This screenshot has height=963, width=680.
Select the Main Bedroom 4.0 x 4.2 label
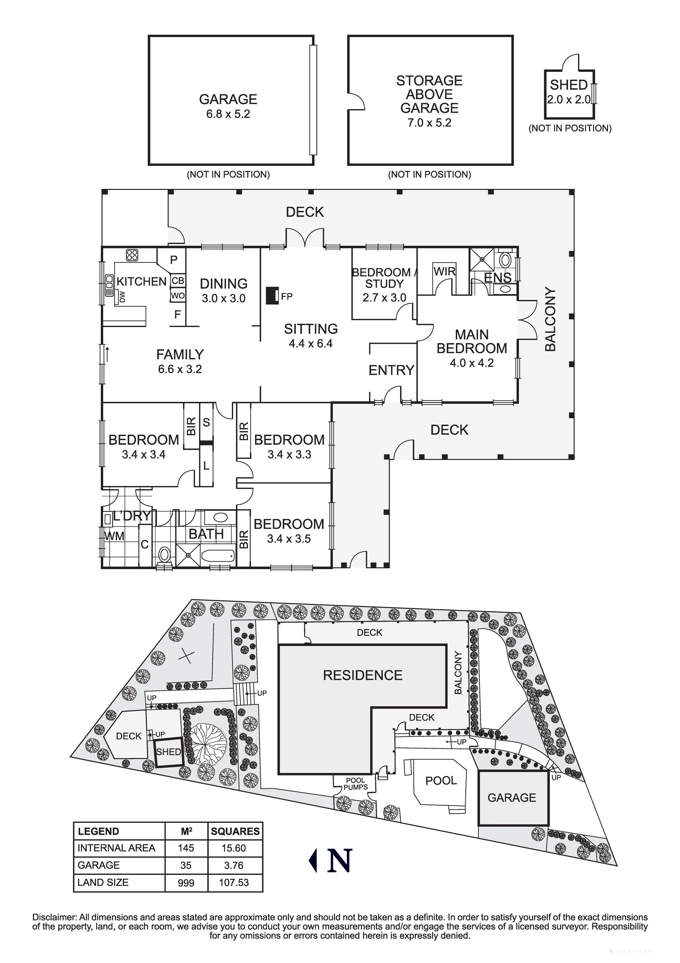click(x=472, y=348)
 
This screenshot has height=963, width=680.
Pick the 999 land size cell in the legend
click(x=186, y=883)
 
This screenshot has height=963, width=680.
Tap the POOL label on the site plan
click(x=441, y=781)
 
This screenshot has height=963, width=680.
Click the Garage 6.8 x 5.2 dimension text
click(x=228, y=114)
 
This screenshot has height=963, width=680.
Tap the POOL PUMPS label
click(x=356, y=784)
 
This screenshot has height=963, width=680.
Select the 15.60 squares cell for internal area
click(x=234, y=848)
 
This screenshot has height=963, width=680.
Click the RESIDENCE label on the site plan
click(x=363, y=675)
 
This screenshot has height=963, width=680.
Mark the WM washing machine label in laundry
click(x=114, y=536)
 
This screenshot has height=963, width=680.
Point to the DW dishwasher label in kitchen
click(x=122, y=297)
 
